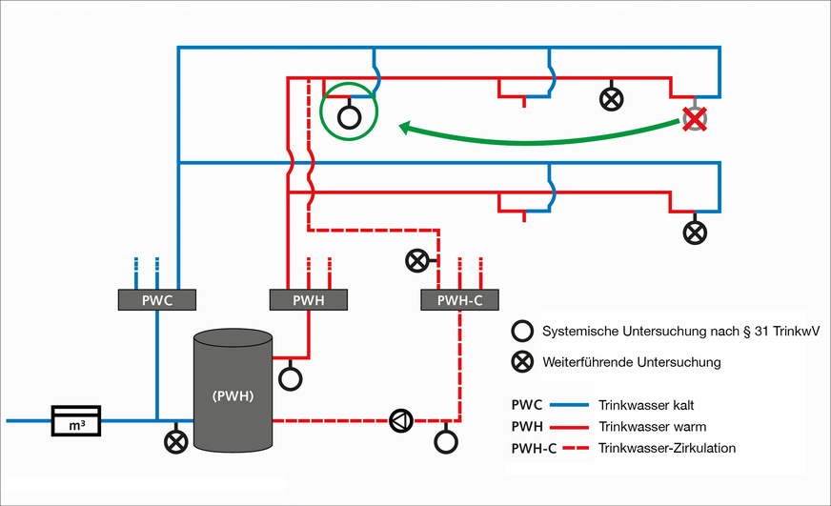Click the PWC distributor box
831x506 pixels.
[156, 300]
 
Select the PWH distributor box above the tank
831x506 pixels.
[308, 300]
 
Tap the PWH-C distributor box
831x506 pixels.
[460, 301]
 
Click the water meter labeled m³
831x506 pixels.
[76, 419]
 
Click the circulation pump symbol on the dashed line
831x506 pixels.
[400, 419]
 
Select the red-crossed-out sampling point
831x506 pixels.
[696, 119]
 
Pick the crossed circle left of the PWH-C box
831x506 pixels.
[416, 259]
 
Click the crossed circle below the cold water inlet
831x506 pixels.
[175, 442]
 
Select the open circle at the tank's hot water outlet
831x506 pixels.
[290, 378]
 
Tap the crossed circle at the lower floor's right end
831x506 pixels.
[696, 232]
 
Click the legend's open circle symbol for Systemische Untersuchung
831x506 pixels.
[521, 332]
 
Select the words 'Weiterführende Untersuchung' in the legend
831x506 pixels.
[632, 362]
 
